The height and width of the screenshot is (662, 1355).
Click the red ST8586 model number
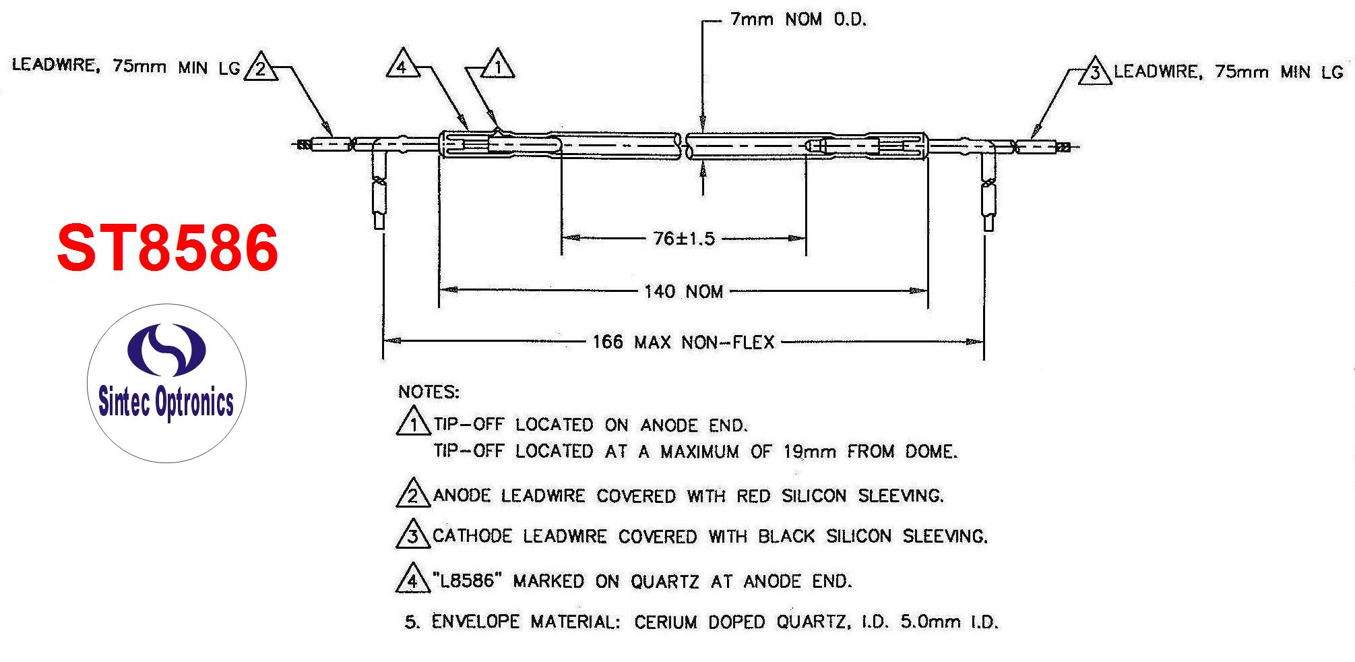[x=168, y=248]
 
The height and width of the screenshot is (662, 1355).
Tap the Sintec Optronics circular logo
[x=166, y=383]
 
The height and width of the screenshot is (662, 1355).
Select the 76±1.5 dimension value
[x=684, y=239]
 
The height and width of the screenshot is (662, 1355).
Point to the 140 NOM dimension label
[x=683, y=292]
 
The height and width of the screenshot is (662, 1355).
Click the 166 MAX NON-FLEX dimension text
[x=683, y=342]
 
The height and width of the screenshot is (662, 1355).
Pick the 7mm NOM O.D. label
[x=798, y=20]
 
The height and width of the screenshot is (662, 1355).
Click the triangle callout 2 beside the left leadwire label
[x=261, y=66]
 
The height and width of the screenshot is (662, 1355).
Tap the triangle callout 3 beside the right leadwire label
[x=1094, y=71]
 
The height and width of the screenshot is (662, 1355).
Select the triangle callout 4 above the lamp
[x=403, y=63]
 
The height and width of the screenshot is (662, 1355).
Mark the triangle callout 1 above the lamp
[x=498, y=64]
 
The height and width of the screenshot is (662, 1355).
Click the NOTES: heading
[x=429, y=392]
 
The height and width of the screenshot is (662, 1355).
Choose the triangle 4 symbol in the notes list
[x=413, y=578]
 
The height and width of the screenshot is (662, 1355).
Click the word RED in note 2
[x=753, y=496]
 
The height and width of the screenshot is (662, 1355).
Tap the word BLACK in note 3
[x=786, y=537]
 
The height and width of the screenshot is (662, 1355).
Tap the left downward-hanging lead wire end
[x=379, y=221]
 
